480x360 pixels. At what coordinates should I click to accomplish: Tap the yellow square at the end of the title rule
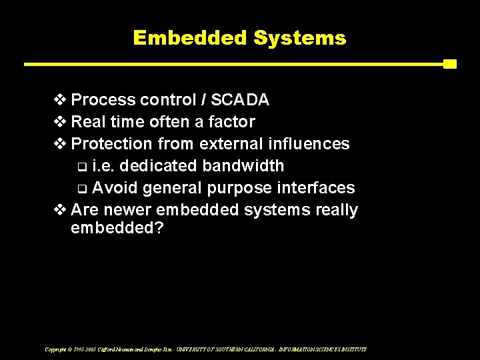click(x=449, y=64)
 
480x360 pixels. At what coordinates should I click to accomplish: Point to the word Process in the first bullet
click(x=103, y=100)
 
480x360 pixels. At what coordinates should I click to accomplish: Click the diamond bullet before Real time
click(x=60, y=122)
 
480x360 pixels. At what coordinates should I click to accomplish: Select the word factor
click(x=231, y=122)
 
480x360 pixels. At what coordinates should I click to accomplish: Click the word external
click(x=222, y=144)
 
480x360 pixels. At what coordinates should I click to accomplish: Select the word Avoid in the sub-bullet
click(x=113, y=188)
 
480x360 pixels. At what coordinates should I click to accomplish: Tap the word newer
click(x=125, y=210)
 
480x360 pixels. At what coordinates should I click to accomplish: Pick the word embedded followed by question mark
click(x=117, y=228)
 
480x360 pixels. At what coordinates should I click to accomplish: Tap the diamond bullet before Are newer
click(x=60, y=210)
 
